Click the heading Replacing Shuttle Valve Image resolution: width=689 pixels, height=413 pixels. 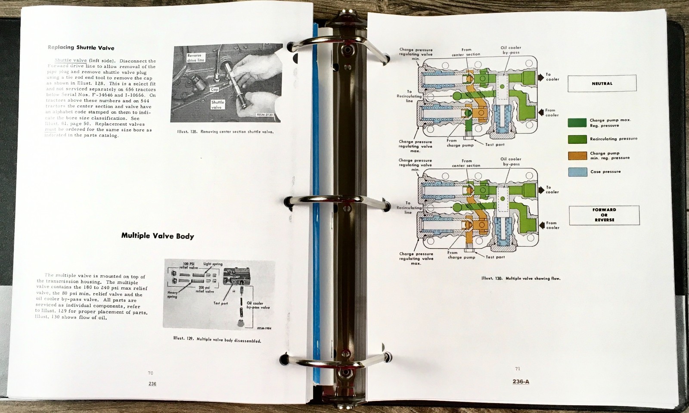81,47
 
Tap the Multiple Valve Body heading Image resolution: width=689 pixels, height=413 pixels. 157,236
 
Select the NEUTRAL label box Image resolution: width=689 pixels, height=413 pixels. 602,84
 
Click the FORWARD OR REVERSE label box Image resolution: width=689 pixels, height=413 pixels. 604,215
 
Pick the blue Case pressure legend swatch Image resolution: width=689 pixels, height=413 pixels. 577,172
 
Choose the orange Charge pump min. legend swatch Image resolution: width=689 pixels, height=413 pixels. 577,155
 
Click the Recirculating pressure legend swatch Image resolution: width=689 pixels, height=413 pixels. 577,139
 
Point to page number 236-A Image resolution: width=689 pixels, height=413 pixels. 521,382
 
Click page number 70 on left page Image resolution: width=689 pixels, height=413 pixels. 150,373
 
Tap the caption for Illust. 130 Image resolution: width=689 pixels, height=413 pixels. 521,278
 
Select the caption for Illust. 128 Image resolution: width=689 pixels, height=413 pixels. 225,132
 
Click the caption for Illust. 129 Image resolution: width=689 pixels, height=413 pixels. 217,339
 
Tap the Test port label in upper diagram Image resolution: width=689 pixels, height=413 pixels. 495,145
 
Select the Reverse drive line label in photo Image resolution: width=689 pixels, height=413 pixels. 196,58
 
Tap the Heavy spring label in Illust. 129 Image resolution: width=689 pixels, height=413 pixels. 172,295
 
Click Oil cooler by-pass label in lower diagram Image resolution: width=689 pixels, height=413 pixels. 511,161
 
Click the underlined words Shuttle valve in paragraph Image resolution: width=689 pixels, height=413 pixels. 71,61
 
